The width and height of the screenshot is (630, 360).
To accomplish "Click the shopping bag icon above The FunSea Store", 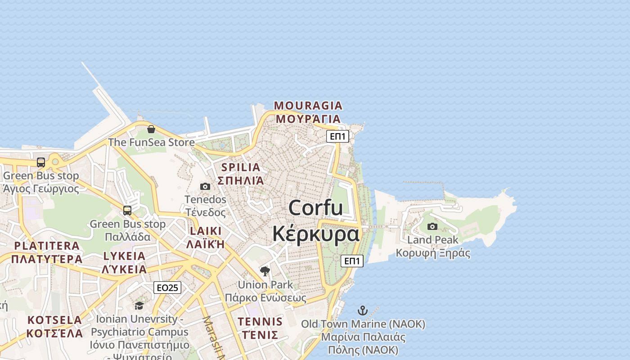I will (x=151, y=130).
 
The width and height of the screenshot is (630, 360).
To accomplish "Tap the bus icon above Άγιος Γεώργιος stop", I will (x=41, y=162).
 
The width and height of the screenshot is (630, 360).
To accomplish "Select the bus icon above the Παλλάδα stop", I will (x=127, y=210).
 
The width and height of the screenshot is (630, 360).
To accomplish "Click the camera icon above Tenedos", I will (x=205, y=186).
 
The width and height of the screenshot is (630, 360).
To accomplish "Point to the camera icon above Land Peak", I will (x=432, y=226).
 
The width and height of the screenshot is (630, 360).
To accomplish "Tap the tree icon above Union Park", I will (x=265, y=271).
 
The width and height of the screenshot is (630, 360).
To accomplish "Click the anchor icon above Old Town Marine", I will (x=362, y=310).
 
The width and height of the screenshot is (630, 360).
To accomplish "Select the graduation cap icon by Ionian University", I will (x=139, y=306).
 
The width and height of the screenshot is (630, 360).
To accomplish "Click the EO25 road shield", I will (x=167, y=288).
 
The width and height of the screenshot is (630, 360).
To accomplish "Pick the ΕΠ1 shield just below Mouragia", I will (x=337, y=136).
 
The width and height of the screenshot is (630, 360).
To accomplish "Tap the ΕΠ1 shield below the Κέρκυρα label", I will (x=352, y=261).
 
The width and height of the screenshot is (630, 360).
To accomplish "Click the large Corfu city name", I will (x=315, y=208).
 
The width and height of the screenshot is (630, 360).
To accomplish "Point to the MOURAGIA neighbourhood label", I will (x=308, y=106).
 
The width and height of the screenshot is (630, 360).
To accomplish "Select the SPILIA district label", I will (x=241, y=167).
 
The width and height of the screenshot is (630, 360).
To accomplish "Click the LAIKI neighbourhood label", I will (x=206, y=231).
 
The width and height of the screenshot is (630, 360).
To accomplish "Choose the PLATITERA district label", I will (x=47, y=246).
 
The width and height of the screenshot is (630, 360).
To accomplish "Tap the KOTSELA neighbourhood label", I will (x=55, y=320).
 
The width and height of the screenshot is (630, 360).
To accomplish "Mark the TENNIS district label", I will (x=260, y=322).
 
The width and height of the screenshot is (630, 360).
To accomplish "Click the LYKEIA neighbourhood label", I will (x=124, y=256).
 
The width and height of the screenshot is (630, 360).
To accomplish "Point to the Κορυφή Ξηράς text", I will (x=433, y=253).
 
